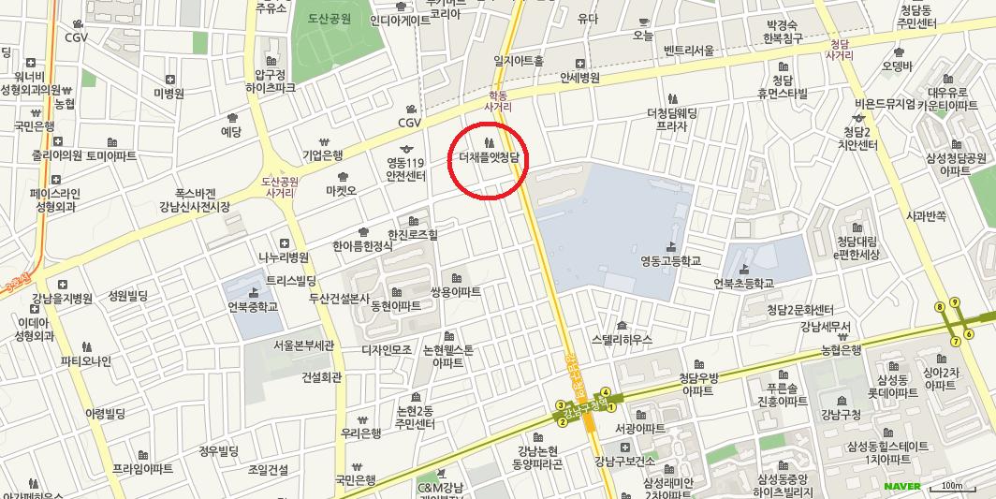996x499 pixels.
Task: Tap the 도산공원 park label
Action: click(334, 19)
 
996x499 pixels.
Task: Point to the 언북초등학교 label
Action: click(743, 283)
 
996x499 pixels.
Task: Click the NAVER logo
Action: click(902, 485)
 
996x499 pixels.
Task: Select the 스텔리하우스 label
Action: click(615, 339)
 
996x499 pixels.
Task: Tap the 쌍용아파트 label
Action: click(456, 292)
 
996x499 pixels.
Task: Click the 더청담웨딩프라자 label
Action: click(672, 119)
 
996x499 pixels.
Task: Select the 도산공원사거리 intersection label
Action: click(279, 186)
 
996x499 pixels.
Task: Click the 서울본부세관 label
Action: click(304, 345)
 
